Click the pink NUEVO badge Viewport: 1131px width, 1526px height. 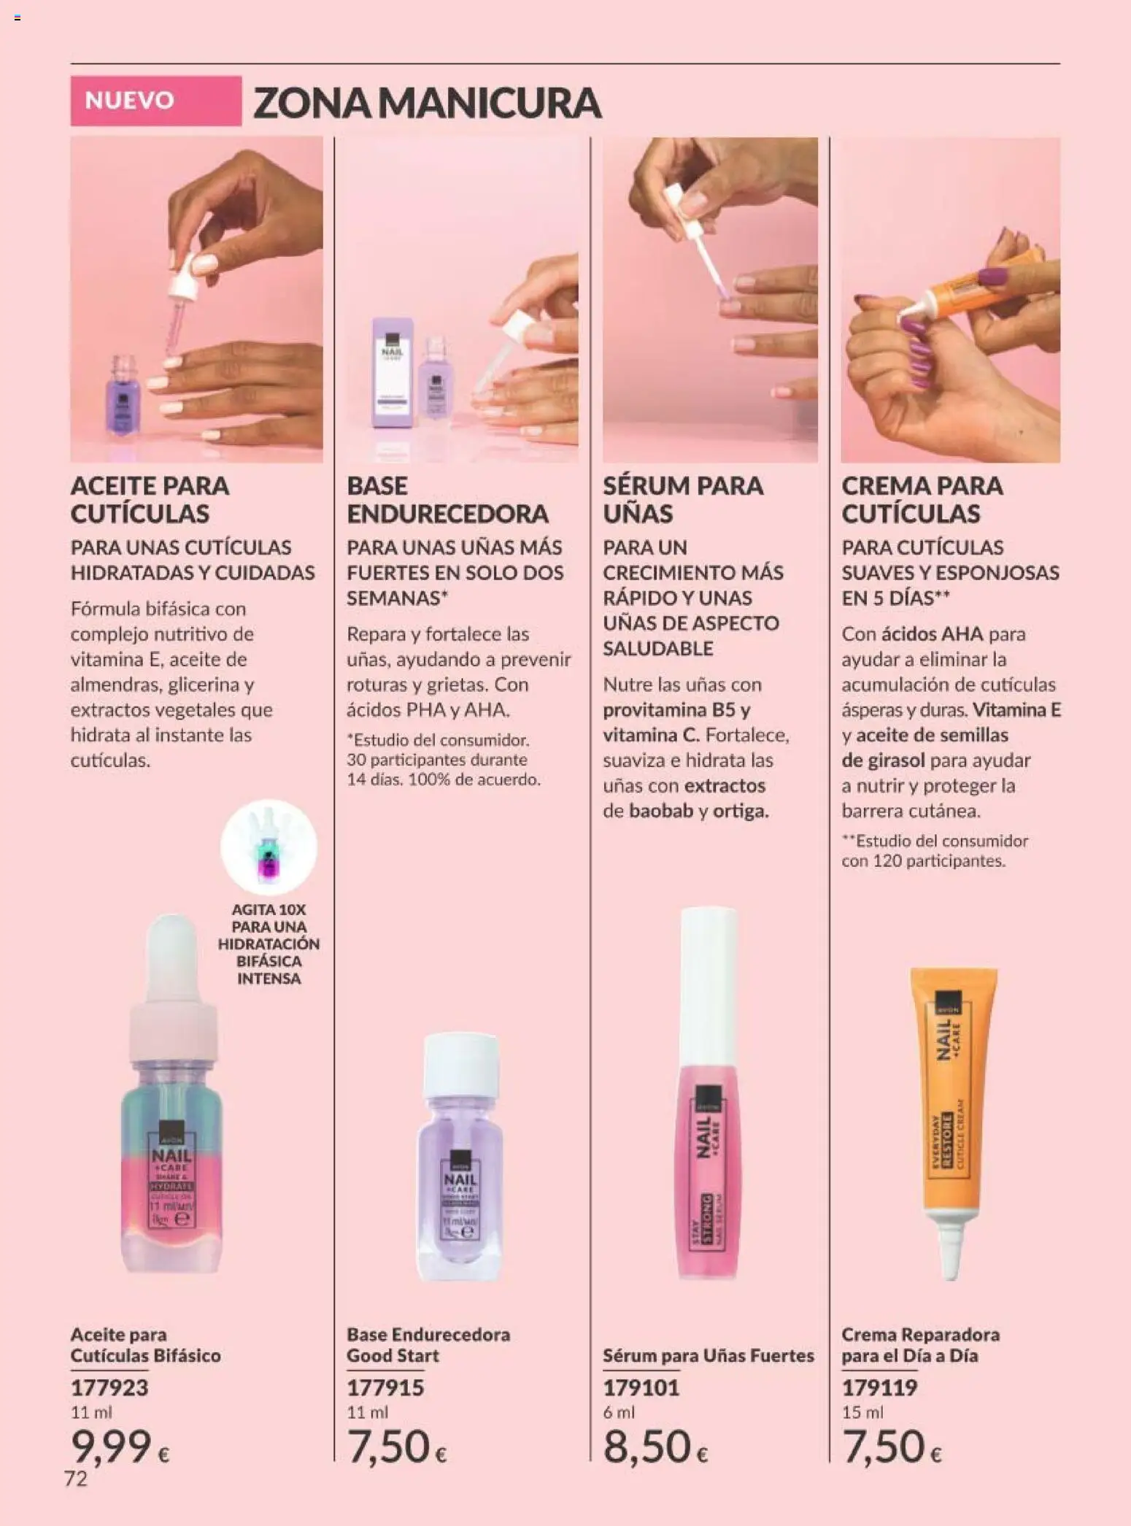pyautogui.click(x=155, y=101)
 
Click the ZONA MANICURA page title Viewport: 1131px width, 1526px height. pyautogui.click(x=427, y=102)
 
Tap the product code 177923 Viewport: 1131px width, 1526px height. pyautogui.click(x=109, y=1387)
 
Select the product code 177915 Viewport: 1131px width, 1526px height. pyautogui.click(x=385, y=1387)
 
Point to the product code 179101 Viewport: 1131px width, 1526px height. pyautogui.click(x=641, y=1387)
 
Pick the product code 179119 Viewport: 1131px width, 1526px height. pyautogui.click(x=879, y=1387)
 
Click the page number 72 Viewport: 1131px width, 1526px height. pyautogui.click(x=76, y=1479)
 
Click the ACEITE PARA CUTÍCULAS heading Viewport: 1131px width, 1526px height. pyautogui.click(x=150, y=499)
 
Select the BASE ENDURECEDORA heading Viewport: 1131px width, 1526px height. pyautogui.click(x=447, y=499)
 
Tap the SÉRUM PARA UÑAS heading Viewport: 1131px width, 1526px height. pyautogui.click(x=682, y=499)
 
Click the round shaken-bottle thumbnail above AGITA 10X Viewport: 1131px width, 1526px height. pyautogui.click(x=269, y=847)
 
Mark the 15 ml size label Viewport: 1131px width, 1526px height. pyautogui.click(x=862, y=1412)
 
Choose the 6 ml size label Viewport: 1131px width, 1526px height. pyautogui.click(x=619, y=1412)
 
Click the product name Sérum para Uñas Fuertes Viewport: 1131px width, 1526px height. pyautogui.click(x=708, y=1355)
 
